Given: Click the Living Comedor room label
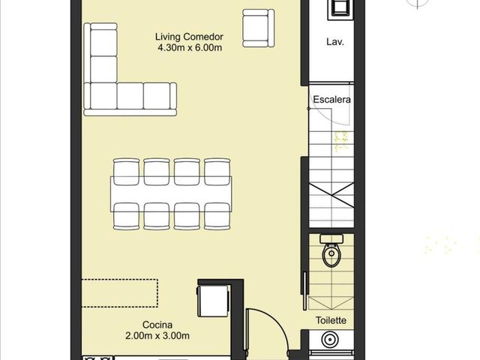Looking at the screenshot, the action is pyautogui.click(x=189, y=37).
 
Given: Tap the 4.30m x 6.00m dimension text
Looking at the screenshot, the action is pyautogui.click(x=190, y=48).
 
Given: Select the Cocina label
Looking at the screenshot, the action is pyautogui.click(x=157, y=325).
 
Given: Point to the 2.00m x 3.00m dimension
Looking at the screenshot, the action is pyautogui.click(x=157, y=336).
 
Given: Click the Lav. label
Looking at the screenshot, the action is pyautogui.click(x=335, y=42).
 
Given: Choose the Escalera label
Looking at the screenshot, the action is pyautogui.click(x=331, y=100).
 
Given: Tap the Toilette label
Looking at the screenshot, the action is pyautogui.click(x=331, y=320).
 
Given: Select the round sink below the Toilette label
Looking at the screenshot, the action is pyautogui.click(x=330, y=340).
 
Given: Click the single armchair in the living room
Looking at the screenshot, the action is pyautogui.click(x=258, y=28).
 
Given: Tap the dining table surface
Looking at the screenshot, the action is pyautogui.click(x=171, y=194).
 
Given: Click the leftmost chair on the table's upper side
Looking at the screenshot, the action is pyautogui.click(x=126, y=172).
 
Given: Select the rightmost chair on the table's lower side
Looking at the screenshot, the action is pyautogui.click(x=217, y=216).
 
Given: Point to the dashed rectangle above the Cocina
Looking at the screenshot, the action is pyautogui.click(x=120, y=293).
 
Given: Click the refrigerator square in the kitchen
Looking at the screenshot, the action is pyautogui.click(x=213, y=301).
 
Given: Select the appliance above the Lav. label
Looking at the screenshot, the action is pyautogui.click(x=340, y=9).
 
